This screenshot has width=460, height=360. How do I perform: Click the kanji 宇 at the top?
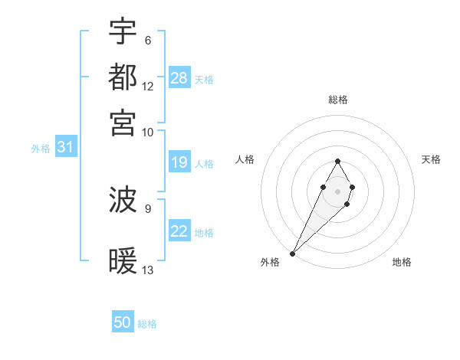tap(123, 32)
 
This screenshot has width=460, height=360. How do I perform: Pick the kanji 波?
tap(123, 201)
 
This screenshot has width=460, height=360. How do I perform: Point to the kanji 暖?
tap(123, 261)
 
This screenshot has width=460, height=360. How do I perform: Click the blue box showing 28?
tap(179, 78)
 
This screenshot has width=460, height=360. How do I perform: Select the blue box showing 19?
tap(179, 162)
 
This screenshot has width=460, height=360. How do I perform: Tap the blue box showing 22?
tap(179, 231)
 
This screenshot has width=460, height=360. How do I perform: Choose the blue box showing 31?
tap(65, 148)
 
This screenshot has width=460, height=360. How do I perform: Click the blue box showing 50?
tap(123, 323)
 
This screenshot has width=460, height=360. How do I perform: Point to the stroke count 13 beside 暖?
tap(148, 270)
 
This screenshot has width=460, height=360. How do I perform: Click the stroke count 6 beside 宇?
tap(147, 41)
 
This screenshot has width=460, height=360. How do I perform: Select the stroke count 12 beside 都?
tap(148, 86)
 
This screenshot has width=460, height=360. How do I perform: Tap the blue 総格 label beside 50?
tap(148, 324)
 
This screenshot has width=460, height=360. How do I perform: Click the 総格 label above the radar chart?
tap(338, 100)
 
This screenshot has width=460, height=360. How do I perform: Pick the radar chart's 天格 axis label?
tap(432, 159)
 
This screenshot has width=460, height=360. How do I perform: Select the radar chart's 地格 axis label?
tap(402, 263)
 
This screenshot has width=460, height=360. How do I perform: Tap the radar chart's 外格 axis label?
tap(270, 263)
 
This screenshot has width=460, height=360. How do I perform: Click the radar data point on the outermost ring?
tap(293, 253)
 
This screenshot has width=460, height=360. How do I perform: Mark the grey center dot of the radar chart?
tap(337, 191)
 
